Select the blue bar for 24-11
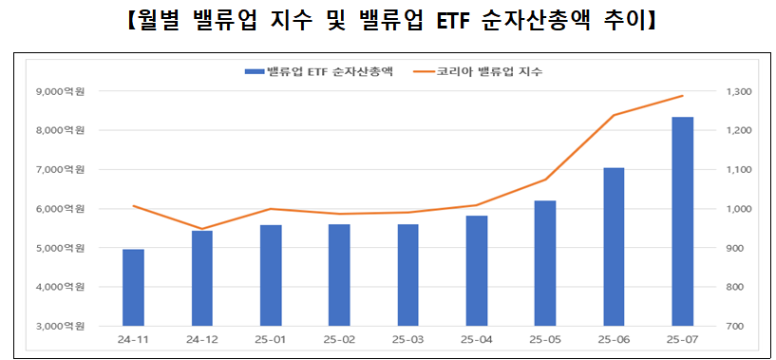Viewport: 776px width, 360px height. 133,288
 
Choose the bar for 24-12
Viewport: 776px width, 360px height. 201,278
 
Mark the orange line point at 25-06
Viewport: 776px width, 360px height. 614,115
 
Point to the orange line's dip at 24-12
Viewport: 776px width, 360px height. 201,229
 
